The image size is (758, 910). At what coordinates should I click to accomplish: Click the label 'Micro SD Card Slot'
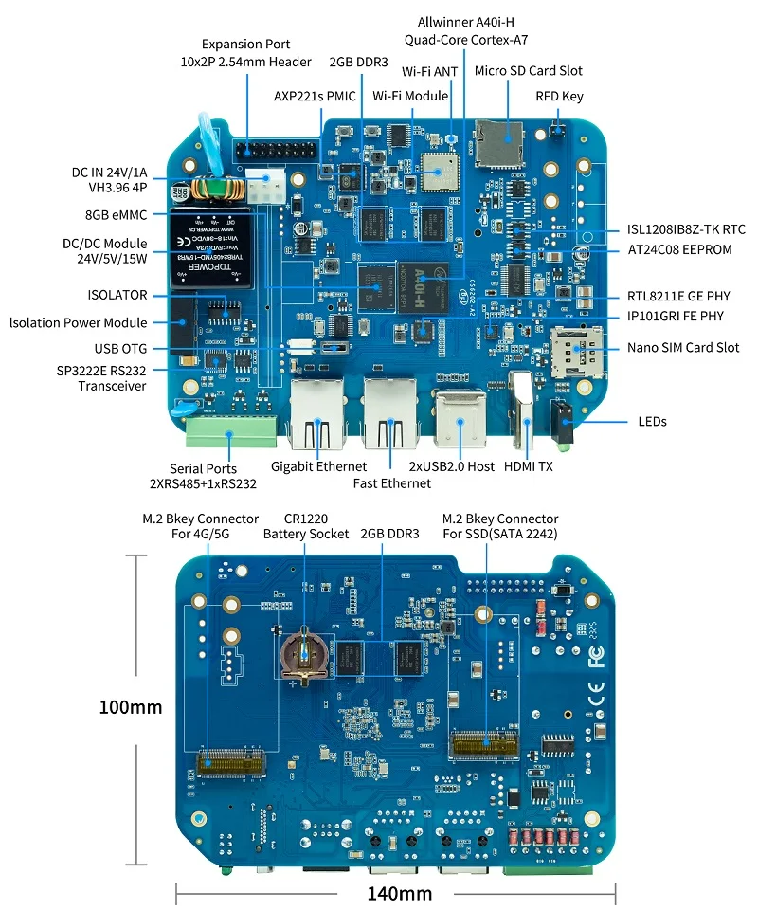click(x=529, y=70)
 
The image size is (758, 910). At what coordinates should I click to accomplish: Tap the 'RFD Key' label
click(x=559, y=96)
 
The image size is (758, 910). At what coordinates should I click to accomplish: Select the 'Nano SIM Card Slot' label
click(x=683, y=348)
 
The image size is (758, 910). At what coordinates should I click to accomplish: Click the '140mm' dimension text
click(x=399, y=893)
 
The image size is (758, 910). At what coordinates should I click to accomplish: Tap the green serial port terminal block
click(x=231, y=432)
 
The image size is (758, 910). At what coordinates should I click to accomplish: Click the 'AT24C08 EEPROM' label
click(x=679, y=250)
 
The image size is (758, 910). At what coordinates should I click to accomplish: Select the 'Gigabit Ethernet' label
click(x=318, y=466)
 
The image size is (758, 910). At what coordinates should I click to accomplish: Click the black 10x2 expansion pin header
click(x=277, y=151)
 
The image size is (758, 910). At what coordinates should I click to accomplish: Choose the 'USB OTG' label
click(x=119, y=349)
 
